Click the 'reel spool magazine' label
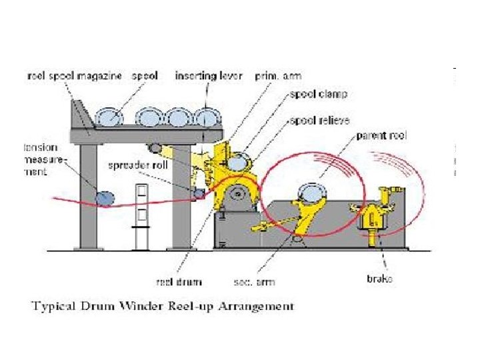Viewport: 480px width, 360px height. [x=74, y=76]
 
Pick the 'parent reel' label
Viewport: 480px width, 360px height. [x=381, y=136]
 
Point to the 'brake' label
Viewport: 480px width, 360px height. [x=379, y=278]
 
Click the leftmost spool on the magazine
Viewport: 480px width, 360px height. [x=109, y=117]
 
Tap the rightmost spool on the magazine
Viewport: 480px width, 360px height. [x=208, y=118]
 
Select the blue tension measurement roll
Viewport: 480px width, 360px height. [x=104, y=198]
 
